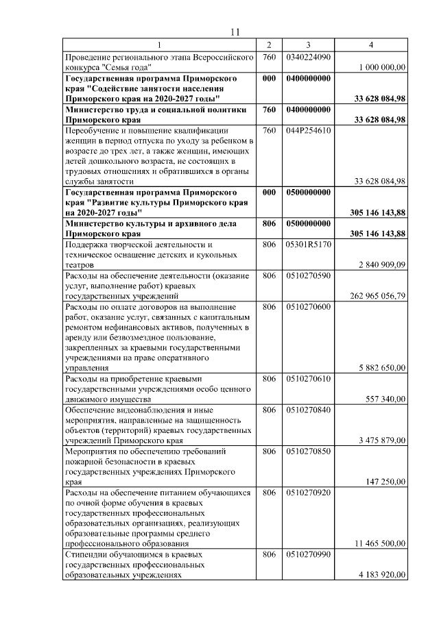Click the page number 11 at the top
click(x=235, y=32)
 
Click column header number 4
click(x=371, y=45)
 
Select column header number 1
click(x=159, y=45)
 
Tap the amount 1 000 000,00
click(x=382, y=67)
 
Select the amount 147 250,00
click(x=384, y=482)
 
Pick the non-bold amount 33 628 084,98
click(x=380, y=181)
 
